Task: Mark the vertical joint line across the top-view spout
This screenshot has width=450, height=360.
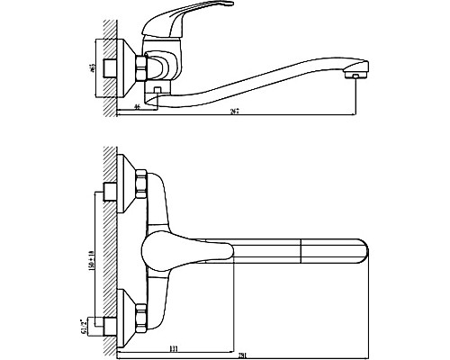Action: (x=298, y=252)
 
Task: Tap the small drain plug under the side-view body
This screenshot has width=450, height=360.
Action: (x=157, y=92)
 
